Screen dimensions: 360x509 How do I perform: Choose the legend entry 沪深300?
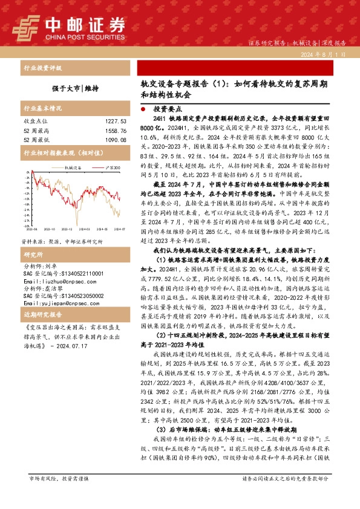click(x=109, y=167)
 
